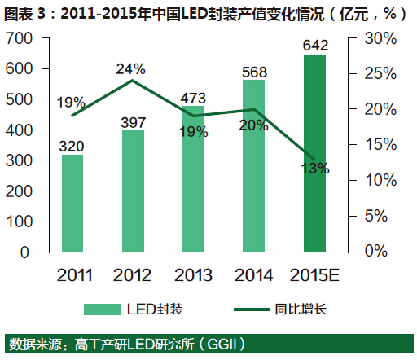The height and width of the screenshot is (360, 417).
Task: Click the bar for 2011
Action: (x=72, y=203)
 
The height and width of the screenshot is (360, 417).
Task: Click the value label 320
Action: (x=72, y=146)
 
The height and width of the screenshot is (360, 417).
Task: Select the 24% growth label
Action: (x=130, y=69)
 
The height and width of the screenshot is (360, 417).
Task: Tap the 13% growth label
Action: (x=315, y=169)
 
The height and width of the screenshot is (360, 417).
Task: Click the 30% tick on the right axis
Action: (x=380, y=39)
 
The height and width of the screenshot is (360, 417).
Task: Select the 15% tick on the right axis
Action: (x=380, y=145)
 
